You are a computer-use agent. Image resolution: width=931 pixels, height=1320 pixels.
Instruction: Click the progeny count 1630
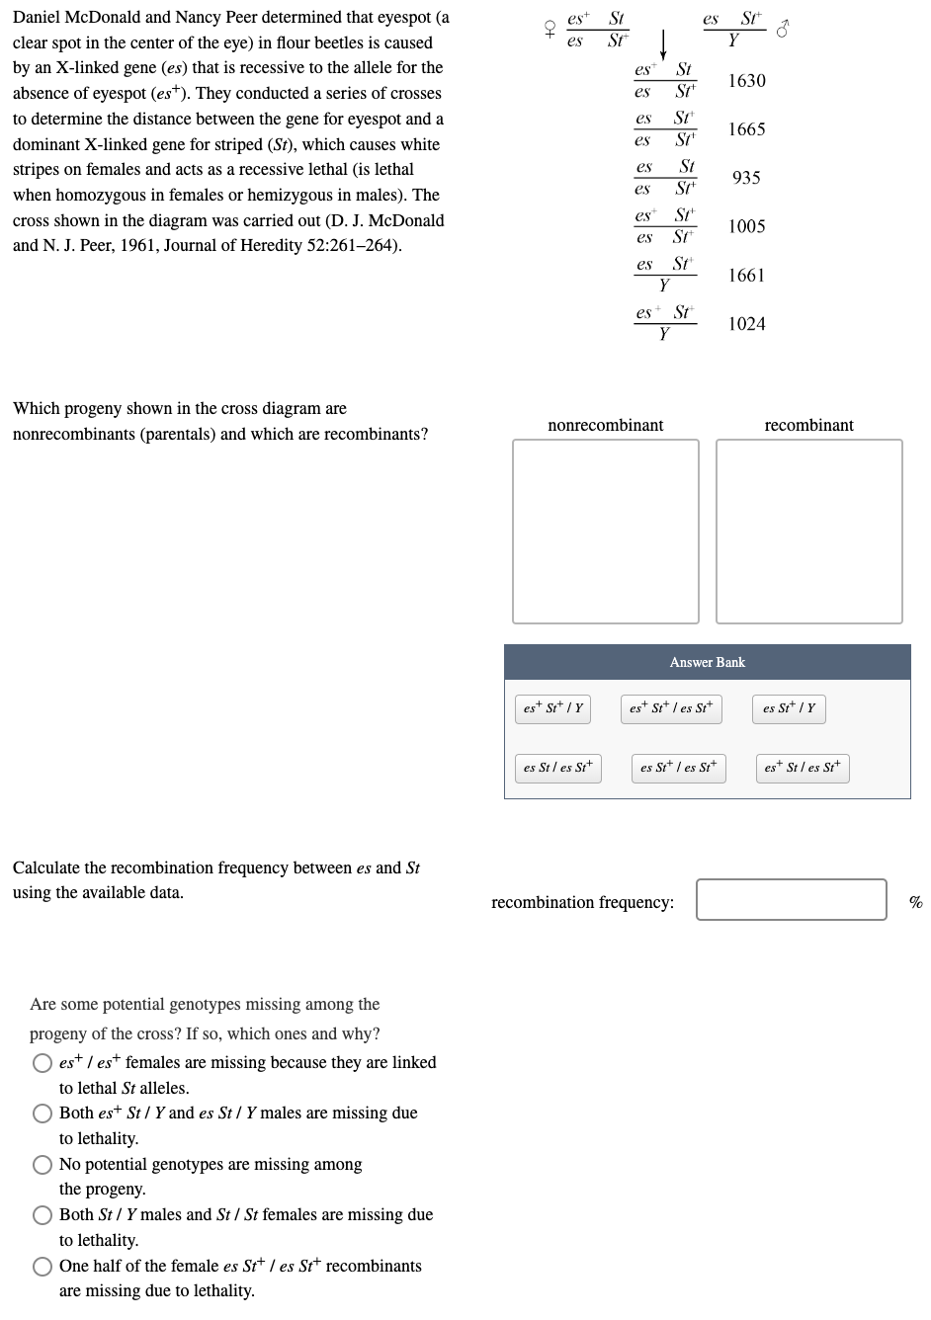pyautogui.click(x=746, y=81)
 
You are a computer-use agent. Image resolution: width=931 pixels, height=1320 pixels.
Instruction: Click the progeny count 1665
pyautogui.click(x=746, y=129)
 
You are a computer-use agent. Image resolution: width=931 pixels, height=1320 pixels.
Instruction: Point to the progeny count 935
pyautogui.click(x=746, y=178)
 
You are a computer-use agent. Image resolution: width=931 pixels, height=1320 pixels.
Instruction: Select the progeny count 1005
pyautogui.click(x=746, y=226)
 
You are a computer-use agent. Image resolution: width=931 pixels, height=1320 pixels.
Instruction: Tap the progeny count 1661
pyautogui.click(x=746, y=276)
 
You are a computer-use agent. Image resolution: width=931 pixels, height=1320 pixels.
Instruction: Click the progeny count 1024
pyautogui.click(x=746, y=324)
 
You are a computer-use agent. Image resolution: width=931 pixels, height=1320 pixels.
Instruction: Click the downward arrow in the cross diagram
pyautogui.click(x=664, y=44)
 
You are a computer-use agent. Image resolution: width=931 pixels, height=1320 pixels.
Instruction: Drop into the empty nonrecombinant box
pyautogui.click(x=605, y=532)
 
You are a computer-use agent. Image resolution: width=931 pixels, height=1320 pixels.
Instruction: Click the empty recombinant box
pyautogui.click(x=808, y=532)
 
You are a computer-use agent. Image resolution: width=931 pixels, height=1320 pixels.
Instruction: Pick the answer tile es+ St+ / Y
pyautogui.click(x=553, y=708)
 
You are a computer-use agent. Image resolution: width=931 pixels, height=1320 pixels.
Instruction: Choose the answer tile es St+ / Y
pyautogui.click(x=789, y=708)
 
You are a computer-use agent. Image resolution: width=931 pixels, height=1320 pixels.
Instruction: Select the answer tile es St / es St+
pyautogui.click(x=557, y=768)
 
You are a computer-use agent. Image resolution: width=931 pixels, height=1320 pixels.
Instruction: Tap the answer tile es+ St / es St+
pyautogui.click(x=802, y=768)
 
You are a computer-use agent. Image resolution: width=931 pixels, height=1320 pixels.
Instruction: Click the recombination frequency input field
pyautogui.click(x=791, y=899)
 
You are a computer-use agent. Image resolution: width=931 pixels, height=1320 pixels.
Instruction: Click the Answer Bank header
pyautogui.click(x=707, y=662)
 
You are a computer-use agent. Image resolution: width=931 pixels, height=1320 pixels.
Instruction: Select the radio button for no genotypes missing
pyautogui.click(x=43, y=1165)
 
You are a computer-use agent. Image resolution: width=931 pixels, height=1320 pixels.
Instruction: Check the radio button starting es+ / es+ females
pyautogui.click(x=43, y=1063)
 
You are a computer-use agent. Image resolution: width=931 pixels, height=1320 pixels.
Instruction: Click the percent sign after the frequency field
pyautogui.click(x=915, y=902)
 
